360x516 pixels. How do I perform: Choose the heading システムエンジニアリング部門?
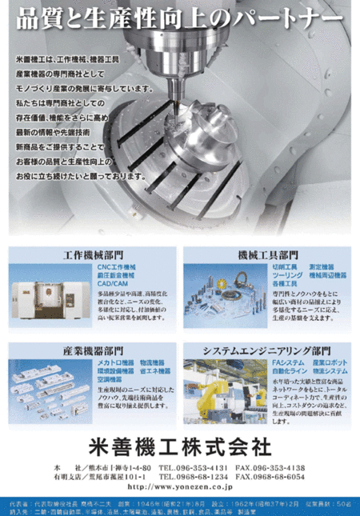pos(266,350)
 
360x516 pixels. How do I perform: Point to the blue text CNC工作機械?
pos(117,266)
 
